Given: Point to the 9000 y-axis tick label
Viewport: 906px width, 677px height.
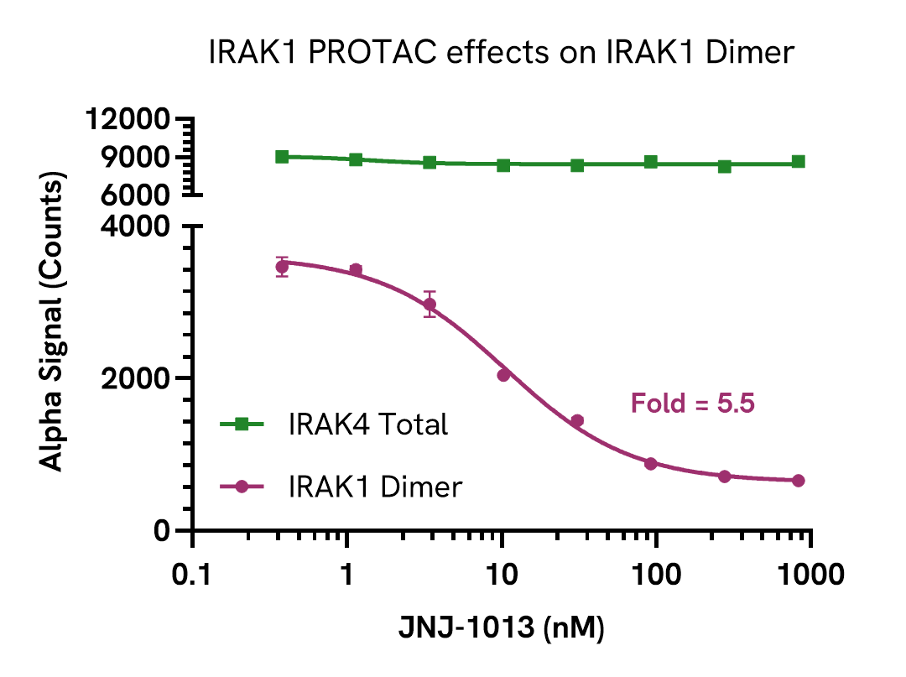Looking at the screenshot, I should (x=138, y=157).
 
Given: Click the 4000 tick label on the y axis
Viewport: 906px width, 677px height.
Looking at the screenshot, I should (x=138, y=226).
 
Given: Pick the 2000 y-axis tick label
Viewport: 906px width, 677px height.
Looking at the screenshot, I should (x=138, y=378).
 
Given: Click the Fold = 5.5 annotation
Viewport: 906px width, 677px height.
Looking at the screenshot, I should (x=693, y=404).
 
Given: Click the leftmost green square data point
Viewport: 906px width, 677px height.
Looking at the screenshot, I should (x=283, y=157).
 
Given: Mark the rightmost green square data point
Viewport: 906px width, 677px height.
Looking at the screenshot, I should (x=799, y=162).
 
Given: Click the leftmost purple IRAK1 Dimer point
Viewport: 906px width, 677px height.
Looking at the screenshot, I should (x=283, y=268).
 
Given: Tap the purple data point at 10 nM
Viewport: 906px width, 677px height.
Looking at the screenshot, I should (x=503, y=375).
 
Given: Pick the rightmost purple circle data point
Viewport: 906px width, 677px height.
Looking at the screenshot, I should (x=799, y=481).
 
